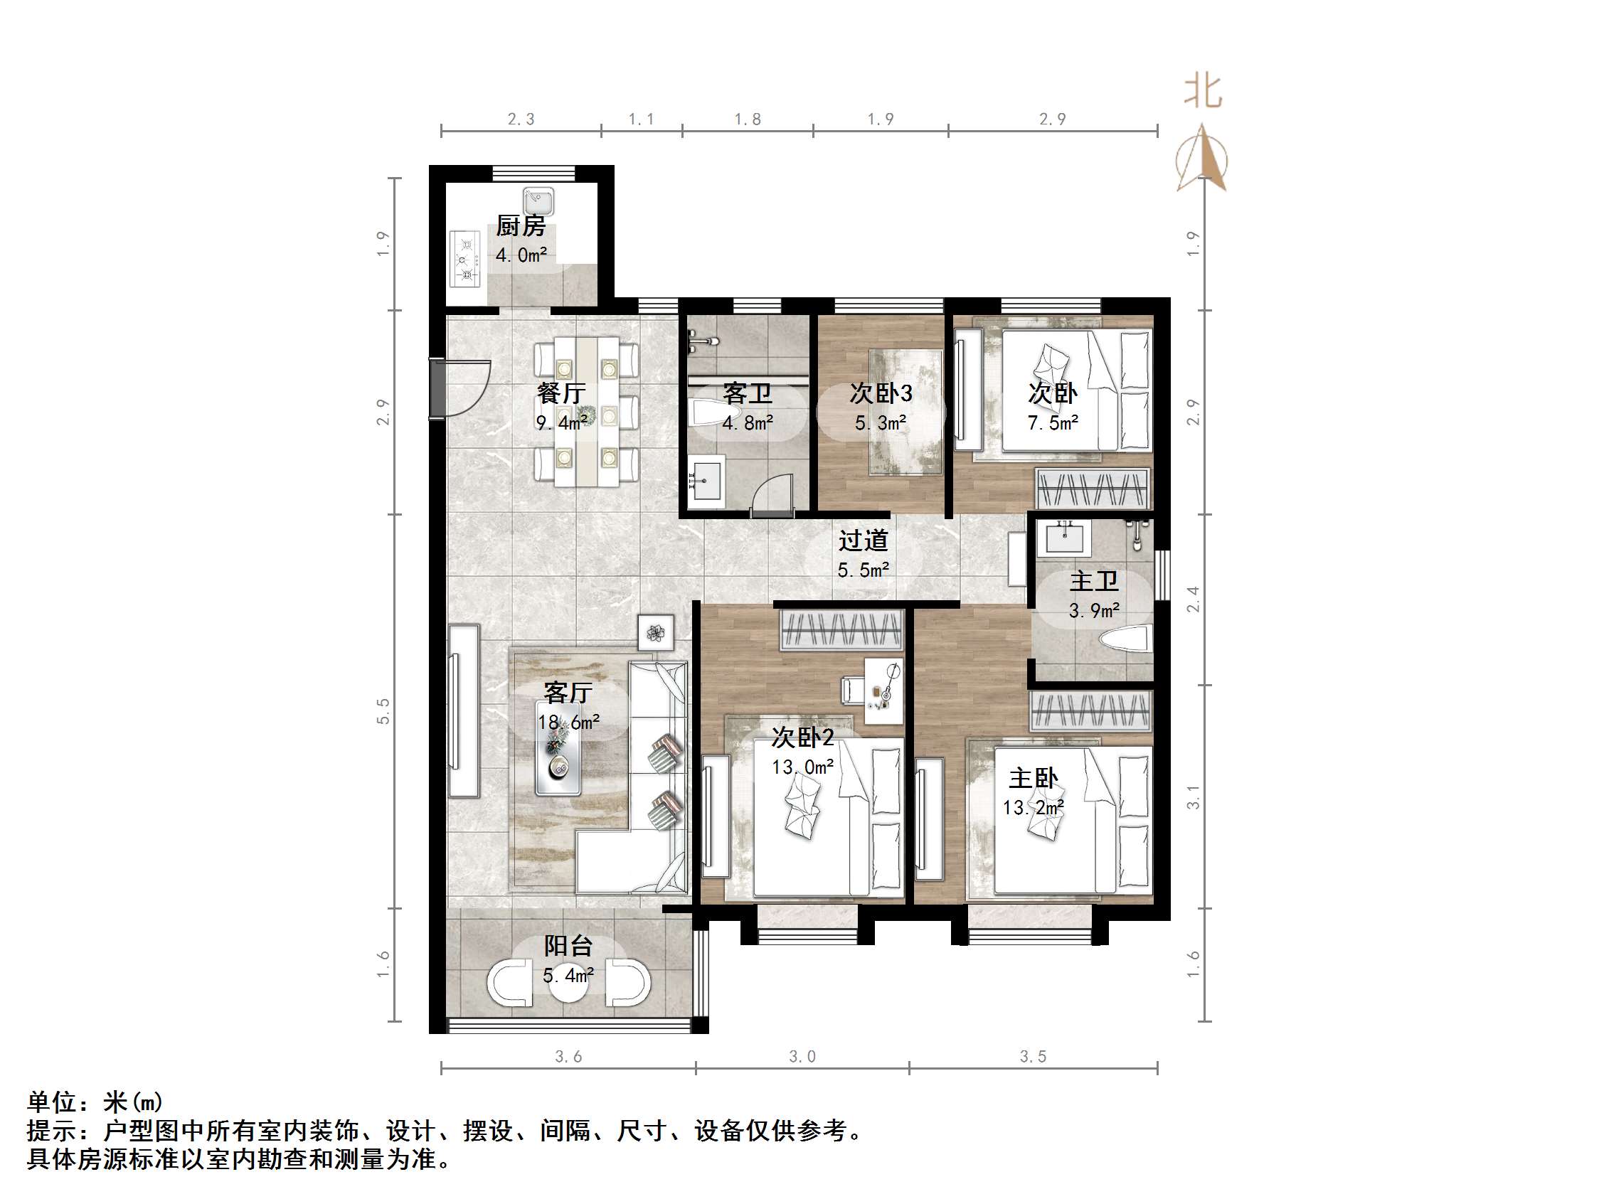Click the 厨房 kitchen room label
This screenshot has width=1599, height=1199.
point(521,226)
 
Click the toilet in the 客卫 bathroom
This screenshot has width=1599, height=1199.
point(705,413)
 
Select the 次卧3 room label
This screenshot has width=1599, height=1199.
point(881,394)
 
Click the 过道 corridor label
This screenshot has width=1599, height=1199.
point(863,540)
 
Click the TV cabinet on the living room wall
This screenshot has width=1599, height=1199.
point(462,710)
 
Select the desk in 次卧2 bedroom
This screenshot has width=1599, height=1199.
point(884,690)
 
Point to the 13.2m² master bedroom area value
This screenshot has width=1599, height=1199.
point(1033,808)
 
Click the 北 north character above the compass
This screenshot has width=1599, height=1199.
point(1202,92)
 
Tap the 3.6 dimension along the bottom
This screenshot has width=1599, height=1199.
point(568,1057)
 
